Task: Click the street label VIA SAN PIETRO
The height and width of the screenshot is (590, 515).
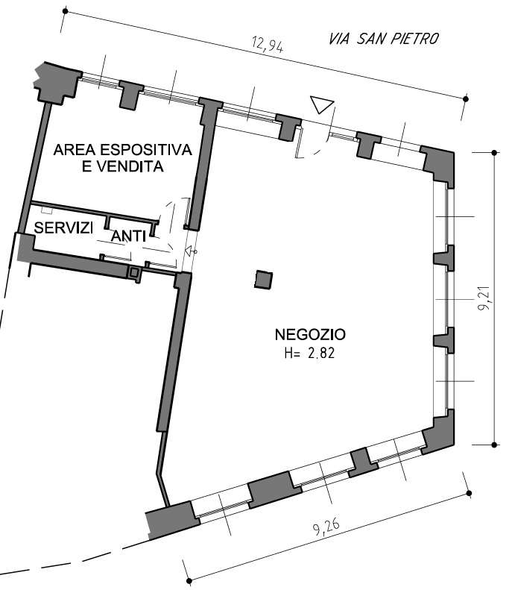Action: tap(384, 39)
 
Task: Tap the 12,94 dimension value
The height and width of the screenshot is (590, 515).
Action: tap(268, 45)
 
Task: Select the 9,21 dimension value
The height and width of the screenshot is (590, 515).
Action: tap(484, 298)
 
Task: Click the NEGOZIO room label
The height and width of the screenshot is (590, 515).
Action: tap(310, 334)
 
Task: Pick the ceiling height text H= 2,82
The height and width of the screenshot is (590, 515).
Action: tap(309, 354)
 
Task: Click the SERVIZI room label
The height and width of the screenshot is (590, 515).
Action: tap(63, 227)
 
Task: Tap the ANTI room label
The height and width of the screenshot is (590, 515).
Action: tap(128, 236)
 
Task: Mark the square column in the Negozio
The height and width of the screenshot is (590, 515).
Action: tap(264, 280)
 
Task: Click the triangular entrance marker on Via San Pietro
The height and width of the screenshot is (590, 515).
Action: tap(322, 104)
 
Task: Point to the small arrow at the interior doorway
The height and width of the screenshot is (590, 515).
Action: tap(191, 251)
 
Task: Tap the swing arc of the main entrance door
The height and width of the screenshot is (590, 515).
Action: tap(323, 140)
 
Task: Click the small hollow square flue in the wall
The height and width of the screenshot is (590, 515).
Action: tap(134, 272)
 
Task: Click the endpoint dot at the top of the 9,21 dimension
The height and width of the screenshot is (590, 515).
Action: tap(495, 153)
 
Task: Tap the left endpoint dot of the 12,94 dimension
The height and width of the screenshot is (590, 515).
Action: tap(65, 12)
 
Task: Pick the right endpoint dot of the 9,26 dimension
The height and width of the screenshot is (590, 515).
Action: tap(469, 493)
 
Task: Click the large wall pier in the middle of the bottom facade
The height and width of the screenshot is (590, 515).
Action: tap(274, 490)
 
